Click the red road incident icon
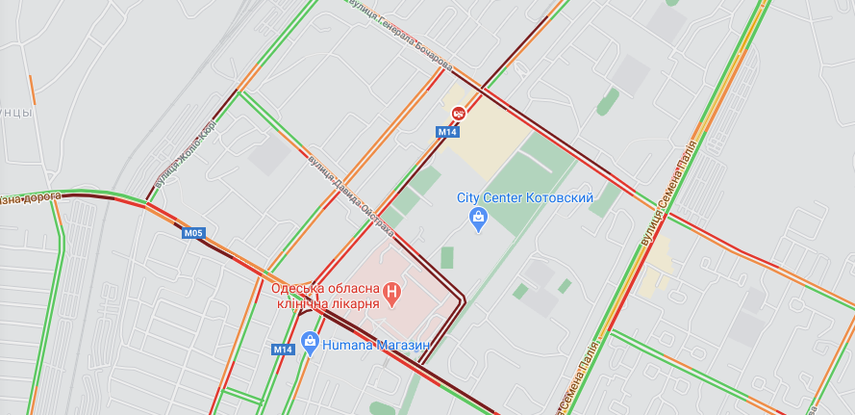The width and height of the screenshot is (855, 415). (459, 113)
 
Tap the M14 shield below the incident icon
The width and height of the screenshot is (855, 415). (447, 132)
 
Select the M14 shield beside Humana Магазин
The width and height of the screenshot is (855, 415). (282, 350)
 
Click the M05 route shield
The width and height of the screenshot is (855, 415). (193, 232)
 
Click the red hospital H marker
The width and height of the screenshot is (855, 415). (391, 290)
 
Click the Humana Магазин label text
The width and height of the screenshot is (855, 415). (375, 343)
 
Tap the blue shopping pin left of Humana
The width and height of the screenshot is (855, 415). (309, 340)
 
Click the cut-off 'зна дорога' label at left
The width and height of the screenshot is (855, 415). (29, 198)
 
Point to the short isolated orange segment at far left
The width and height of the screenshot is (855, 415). (32, 90)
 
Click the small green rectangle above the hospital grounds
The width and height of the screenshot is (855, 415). (447, 257)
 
